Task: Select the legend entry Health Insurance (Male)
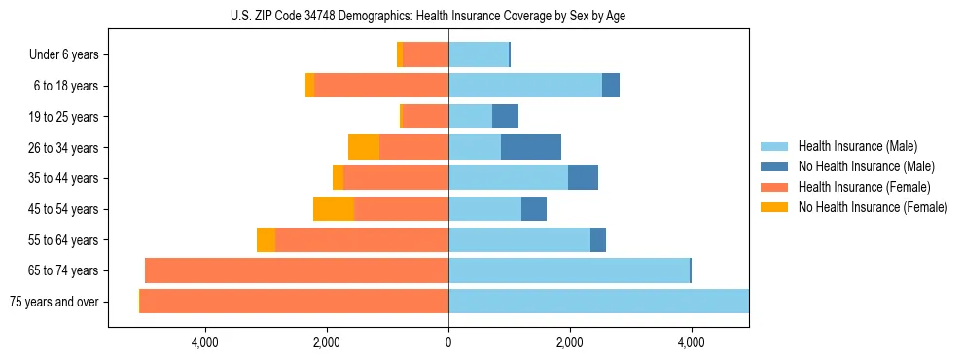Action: point(856,146)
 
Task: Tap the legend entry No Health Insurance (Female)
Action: point(873,207)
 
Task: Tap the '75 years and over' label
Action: point(54,302)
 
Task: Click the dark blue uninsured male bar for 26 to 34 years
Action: point(531,147)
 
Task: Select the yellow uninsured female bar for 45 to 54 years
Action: point(334,209)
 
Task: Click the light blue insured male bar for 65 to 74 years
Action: point(569,270)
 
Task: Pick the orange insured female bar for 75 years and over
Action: point(294,302)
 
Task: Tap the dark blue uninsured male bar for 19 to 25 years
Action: point(505,117)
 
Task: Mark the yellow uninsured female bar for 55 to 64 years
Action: point(266,240)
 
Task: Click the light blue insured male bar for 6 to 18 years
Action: point(525,86)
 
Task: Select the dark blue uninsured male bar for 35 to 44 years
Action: point(583,178)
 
